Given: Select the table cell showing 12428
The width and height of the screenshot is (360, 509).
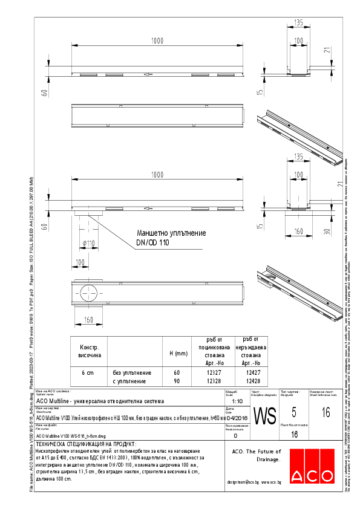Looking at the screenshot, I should (x=252, y=381).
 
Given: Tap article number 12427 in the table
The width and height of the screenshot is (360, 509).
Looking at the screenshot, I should (x=252, y=373).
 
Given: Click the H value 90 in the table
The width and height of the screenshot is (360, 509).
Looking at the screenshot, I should (x=177, y=381).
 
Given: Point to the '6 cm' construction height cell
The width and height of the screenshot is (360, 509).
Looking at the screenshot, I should (x=88, y=373).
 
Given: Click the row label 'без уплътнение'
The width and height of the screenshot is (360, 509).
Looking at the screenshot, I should (x=132, y=373).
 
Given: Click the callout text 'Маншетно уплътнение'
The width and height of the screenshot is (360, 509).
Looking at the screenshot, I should (x=171, y=233).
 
